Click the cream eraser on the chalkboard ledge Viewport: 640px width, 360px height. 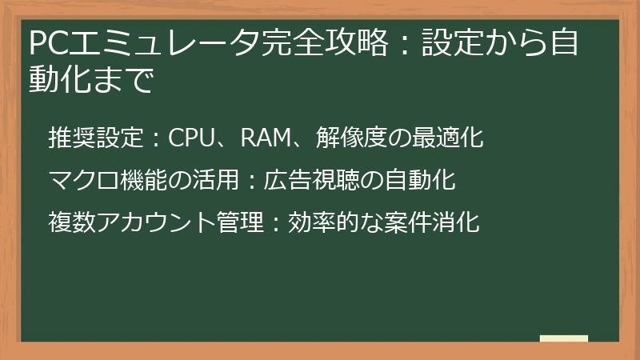(x=563, y=339)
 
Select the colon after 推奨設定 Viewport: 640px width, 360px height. (x=156, y=139)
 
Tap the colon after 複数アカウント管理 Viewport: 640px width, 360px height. (x=274, y=223)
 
